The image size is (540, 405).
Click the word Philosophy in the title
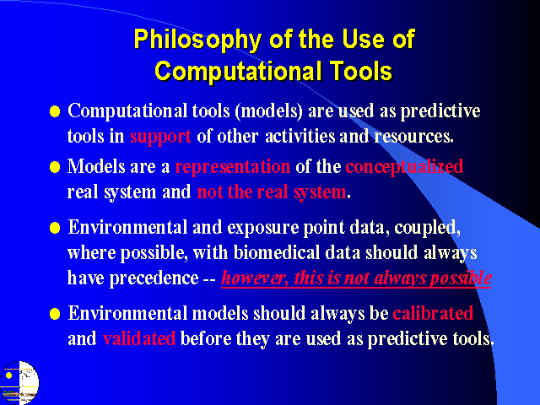197,40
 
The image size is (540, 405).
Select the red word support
160,137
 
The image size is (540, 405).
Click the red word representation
233,167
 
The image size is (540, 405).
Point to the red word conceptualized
404,167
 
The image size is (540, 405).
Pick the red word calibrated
433,313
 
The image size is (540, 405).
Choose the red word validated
139,338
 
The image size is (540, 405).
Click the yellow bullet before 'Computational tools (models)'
55,111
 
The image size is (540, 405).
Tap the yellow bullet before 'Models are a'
55,167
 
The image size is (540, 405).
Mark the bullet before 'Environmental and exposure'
55,228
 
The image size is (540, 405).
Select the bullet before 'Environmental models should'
55,314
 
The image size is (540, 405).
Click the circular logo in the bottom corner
19,382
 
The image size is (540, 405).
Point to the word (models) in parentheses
268,111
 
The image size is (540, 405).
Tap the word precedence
154,278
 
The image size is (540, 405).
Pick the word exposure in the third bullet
262,228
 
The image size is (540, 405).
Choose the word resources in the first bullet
414,137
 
